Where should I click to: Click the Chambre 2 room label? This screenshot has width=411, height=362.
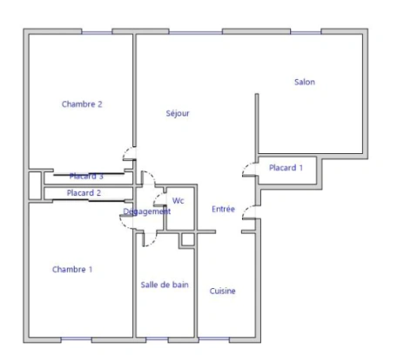[82, 104]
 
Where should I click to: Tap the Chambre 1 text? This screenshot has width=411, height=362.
[72, 270]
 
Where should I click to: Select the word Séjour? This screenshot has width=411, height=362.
[178, 114]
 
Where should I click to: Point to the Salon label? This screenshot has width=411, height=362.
[304, 83]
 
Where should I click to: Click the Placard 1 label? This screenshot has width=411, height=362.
[286, 168]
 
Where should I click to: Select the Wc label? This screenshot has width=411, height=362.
[178, 201]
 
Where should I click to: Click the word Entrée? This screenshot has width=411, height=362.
[223, 210]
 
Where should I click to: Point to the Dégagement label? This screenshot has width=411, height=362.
[146, 211]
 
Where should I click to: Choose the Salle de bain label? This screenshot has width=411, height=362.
[165, 285]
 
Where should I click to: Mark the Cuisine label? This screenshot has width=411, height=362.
[223, 292]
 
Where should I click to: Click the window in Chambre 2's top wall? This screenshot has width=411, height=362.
[95, 32]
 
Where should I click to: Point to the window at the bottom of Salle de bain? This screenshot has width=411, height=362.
[158, 339]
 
